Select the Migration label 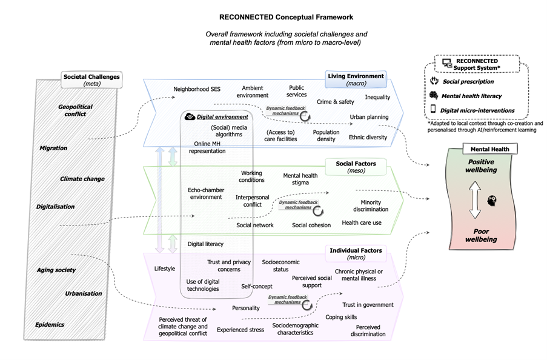[x=53, y=148]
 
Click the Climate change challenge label [x=82, y=179]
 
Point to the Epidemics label [x=50, y=324]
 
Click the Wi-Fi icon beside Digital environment [x=189, y=116]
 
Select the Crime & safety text [x=335, y=102]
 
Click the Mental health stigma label [x=300, y=179]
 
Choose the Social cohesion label [x=311, y=225]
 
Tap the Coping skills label [x=341, y=316]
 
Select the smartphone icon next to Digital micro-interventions [x=434, y=110]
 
